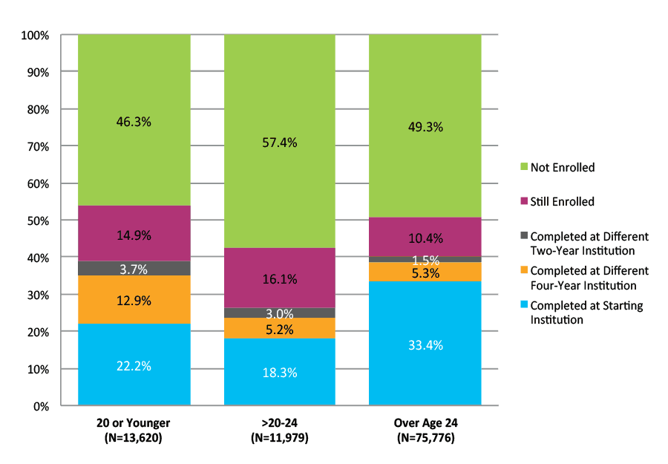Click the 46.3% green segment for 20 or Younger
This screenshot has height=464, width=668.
pyautogui.click(x=134, y=120)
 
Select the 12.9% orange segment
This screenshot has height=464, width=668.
pyautogui.click(x=134, y=300)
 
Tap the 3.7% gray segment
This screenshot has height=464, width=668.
pyautogui.click(x=134, y=268)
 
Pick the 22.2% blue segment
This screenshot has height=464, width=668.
pyautogui.click(x=134, y=365)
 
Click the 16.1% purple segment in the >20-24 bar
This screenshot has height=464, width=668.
pyautogui.click(x=280, y=278)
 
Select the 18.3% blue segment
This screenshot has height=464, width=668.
pyautogui.click(x=280, y=372)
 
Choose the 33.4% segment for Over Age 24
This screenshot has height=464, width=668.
pyautogui.click(x=425, y=344)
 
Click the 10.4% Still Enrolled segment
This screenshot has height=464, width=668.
pyautogui.click(x=425, y=238)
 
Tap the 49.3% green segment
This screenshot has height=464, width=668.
pyautogui.click(x=425, y=126)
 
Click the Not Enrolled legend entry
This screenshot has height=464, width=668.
pyautogui.click(x=563, y=168)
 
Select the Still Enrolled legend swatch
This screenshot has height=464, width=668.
pyautogui.click(x=523, y=202)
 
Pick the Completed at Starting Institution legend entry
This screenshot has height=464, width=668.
pyautogui.click(x=586, y=313)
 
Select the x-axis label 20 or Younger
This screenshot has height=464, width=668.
pyautogui.click(x=134, y=423)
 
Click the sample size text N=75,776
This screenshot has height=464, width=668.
pyautogui.click(x=425, y=438)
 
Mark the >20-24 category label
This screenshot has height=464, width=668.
pyautogui.click(x=280, y=423)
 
